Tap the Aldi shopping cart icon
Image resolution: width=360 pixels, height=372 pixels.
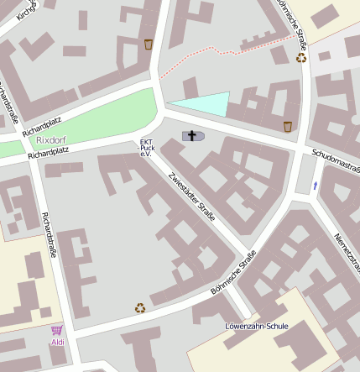point(57,331)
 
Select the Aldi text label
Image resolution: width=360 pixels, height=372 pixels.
point(58,343)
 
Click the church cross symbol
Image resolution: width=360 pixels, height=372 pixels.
point(191,136)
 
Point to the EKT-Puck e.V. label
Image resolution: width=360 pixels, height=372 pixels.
point(145,147)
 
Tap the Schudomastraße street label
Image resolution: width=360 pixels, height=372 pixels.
point(335,160)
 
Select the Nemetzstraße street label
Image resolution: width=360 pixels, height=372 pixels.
point(347,252)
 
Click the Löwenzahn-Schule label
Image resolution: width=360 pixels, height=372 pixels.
point(256,325)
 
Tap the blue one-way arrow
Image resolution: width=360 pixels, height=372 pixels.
point(316,185)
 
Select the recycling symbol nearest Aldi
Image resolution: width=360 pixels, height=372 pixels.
point(140,308)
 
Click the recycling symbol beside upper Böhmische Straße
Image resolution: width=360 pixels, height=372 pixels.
point(301,58)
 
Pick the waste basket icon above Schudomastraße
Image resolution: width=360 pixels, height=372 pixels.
point(288,127)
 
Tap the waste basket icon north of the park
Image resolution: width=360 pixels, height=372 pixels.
point(149,44)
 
